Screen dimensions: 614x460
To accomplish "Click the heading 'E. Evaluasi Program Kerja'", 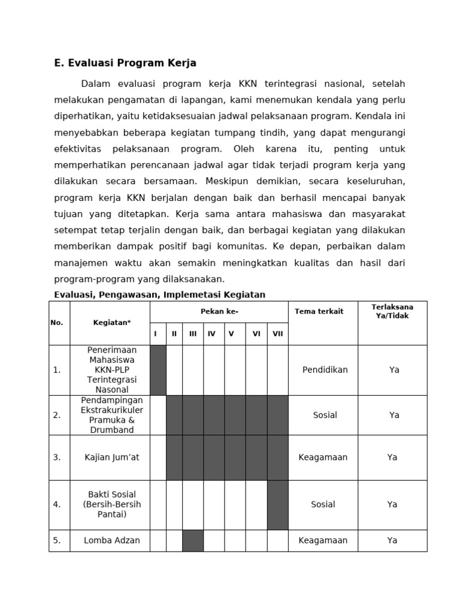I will [x=125, y=63].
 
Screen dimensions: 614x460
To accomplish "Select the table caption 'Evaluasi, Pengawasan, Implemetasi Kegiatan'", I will [x=159, y=294].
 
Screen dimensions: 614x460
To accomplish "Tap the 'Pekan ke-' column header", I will [x=219, y=312].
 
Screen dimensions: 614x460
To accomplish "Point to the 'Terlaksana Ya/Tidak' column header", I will [x=392, y=311].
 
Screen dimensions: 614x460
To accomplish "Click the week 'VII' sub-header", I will [x=277, y=334].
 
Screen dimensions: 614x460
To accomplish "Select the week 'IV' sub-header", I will [x=211, y=334].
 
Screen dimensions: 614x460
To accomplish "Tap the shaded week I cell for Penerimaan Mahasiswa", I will [x=158, y=370].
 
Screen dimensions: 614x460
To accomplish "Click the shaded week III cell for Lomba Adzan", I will [x=193, y=540].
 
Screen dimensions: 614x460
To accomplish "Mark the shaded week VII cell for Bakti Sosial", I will [x=277, y=504].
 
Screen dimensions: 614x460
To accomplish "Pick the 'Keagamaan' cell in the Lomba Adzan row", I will [x=323, y=540].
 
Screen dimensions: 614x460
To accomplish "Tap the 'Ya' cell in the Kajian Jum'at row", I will [x=392, y=457].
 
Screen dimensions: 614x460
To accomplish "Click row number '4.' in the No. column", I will [x=57, y=504].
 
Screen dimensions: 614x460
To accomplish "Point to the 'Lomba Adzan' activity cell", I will [x=111, y=540].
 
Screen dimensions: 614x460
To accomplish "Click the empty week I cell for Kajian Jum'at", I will [x=158, y=457].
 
